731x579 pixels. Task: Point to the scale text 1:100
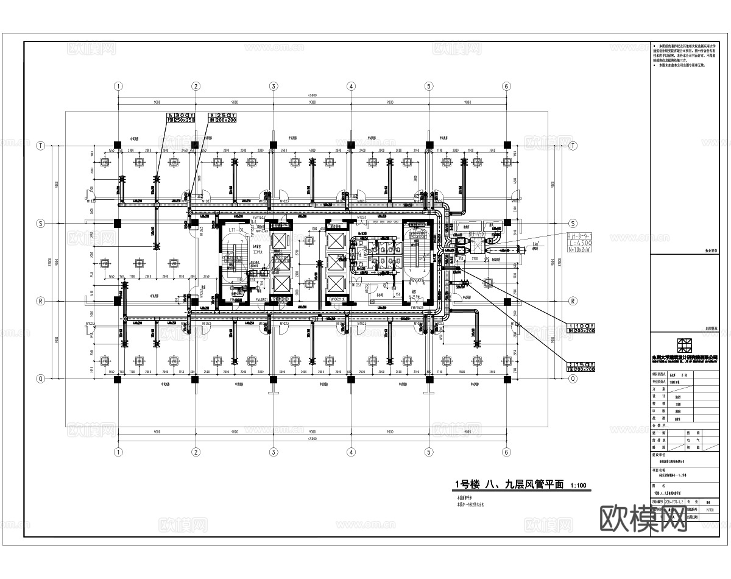click(578, 486)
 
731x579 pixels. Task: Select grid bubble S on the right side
click(573, 224)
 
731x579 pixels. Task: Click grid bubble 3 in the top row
click(274, 87)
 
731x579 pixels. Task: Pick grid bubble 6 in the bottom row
click(506, 452)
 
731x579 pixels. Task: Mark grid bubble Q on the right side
click(573, 378)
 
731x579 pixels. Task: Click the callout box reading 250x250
click(181, 120)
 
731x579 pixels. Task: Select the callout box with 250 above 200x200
click(222, 117)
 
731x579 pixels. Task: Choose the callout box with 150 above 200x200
click(581, 366)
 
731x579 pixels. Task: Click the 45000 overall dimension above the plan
click(312, 95)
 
